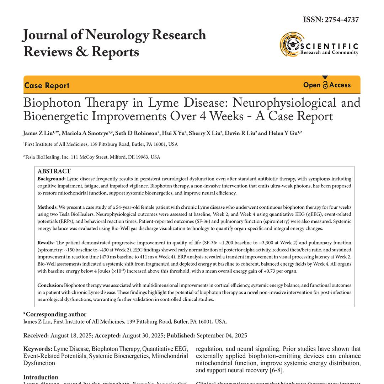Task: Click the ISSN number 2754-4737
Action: [x=341, y=20]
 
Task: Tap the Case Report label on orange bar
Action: [x=47, y=85]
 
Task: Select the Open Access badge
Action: [x=327, y=85]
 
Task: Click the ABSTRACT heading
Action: [x=54, y=171]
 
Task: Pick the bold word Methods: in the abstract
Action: [x=48, y=207]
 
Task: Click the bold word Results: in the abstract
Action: [x=46, y=243]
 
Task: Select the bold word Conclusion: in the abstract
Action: [x=50, y=285]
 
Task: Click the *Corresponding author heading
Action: [x=55, y=314]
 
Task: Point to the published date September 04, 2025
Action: [x=222, y=336]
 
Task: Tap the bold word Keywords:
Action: [x=38, y=349]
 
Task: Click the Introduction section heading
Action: [x=41, y=377]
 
